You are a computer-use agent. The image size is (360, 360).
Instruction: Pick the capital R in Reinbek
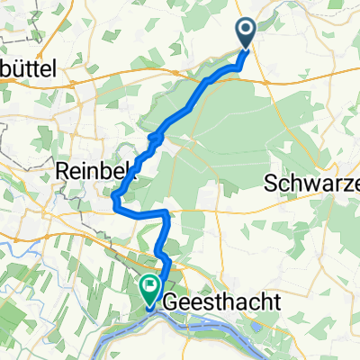click(61, 170)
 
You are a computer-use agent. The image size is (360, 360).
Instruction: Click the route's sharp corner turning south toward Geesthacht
click(167, 213)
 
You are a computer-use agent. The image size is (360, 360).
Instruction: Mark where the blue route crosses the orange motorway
click(208, 81)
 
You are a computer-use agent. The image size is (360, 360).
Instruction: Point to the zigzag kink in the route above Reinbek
click(155, 139)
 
